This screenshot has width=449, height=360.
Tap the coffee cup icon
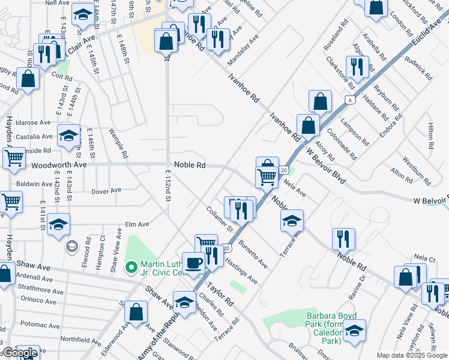[193, 263]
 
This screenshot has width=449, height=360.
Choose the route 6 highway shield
[349, 100]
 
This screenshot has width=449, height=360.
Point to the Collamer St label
[218, 218]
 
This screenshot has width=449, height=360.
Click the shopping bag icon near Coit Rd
[28, 79]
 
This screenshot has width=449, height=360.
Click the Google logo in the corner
[19, 353]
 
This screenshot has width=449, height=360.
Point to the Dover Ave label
[107, 191]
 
